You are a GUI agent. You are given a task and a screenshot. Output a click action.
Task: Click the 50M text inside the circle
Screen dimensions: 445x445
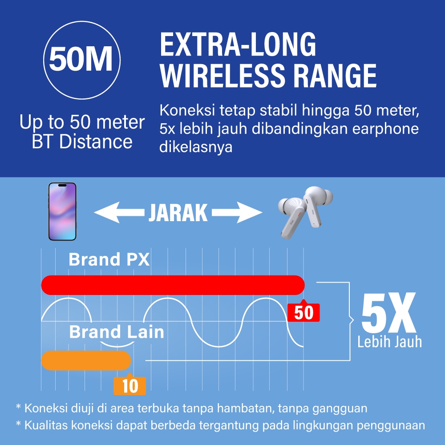(81, 59)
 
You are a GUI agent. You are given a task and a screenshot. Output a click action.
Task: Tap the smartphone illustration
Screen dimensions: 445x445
(62, 211)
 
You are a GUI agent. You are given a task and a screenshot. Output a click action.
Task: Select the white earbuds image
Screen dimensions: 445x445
(305, 212)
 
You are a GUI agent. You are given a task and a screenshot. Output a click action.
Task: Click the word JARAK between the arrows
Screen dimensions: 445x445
(178, 213)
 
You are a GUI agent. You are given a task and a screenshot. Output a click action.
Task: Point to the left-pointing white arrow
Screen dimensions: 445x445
(119, 212)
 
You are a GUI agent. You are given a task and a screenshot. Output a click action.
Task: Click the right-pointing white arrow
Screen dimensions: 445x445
(237, 212)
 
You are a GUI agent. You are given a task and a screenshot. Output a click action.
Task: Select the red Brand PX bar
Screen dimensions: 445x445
(173, 285)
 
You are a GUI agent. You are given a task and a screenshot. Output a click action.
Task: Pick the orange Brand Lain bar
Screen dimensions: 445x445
(86, 360)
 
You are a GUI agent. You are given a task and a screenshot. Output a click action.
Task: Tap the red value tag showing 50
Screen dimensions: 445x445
(303, 312)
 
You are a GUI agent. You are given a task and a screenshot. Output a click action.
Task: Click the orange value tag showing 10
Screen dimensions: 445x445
(129, 385)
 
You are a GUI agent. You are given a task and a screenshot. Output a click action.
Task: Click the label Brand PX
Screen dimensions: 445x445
(109, 259)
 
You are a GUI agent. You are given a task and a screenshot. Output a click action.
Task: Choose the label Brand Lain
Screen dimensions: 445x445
(117, 332)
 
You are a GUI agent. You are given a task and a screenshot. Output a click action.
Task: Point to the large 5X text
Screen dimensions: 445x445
(388, 313)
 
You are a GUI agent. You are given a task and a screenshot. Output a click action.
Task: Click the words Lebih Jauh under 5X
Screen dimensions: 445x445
(389, 341)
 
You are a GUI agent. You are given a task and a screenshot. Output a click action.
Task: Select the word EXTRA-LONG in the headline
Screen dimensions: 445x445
(238, 44)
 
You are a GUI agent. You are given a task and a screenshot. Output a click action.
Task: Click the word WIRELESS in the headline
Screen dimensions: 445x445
(222, 75)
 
